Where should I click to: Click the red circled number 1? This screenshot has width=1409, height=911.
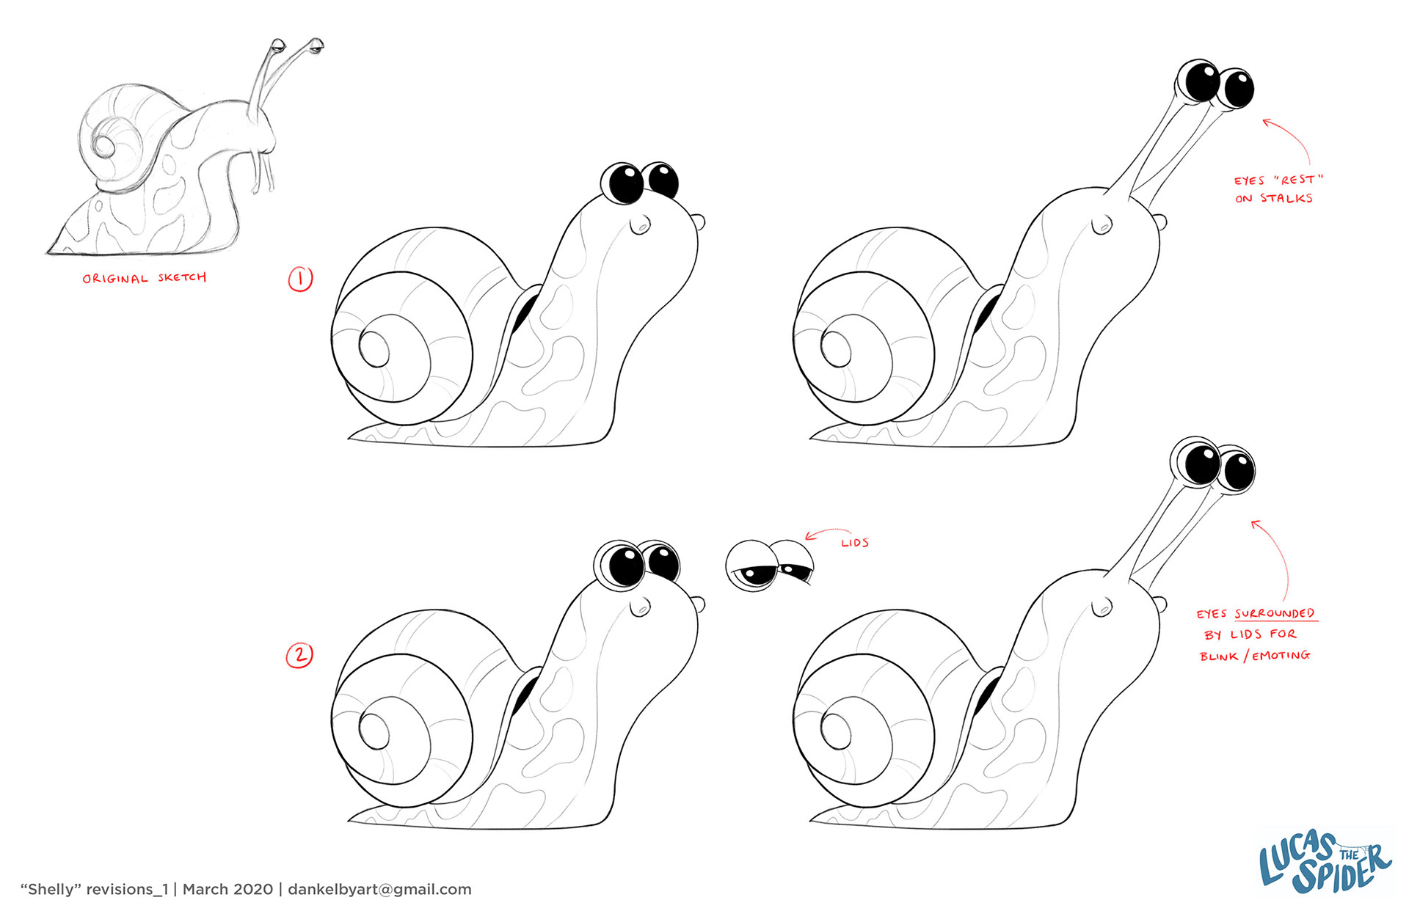coord(300,279)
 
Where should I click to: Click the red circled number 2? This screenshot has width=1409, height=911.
coord(299,655)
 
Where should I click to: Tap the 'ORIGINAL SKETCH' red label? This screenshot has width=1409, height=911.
coord(145,278)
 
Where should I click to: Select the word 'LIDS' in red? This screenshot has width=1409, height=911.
coord(855,543)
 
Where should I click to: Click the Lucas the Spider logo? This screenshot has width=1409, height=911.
coord(1325,862)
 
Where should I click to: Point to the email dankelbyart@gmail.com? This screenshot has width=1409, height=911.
coord(379,889)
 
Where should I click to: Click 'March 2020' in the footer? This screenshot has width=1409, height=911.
coord(227,889)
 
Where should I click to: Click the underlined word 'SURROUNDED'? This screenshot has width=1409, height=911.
coord(1275,613)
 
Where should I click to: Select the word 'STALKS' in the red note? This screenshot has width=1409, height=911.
coord(1286,198)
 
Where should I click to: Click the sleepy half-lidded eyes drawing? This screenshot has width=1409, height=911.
coord(770,566)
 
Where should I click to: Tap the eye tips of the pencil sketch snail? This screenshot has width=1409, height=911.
coord(297,46)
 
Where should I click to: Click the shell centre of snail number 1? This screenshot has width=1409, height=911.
coord(374,349)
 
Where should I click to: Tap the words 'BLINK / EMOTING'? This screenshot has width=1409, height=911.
coord(1255,656)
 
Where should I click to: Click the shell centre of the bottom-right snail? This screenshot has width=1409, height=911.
coord(836,730)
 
